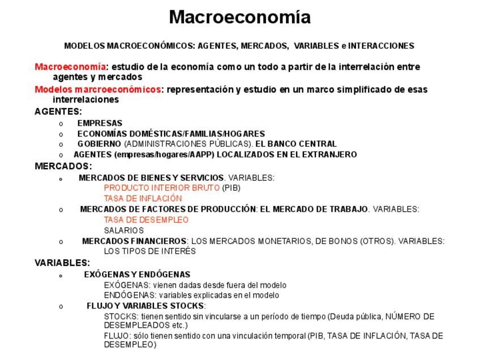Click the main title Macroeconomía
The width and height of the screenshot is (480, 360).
coord(239,17)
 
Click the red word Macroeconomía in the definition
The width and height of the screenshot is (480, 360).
coord(70,67)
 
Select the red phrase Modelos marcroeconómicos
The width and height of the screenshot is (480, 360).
coord(97,89)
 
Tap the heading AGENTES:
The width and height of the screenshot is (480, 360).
coord(58,112)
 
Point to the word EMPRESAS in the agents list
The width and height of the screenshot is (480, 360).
coord(100,123)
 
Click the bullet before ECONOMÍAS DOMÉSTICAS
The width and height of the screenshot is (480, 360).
coord(61,134)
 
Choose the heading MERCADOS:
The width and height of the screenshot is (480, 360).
coord(63,166)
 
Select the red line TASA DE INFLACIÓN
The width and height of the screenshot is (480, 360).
coord(143,198)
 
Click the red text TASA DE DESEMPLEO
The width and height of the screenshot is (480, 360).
coord(146,220)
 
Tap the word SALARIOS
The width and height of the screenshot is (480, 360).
coord(123,230)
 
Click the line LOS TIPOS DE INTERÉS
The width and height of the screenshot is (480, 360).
coord(149,251)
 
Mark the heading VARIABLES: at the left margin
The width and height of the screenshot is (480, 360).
coord(62,263)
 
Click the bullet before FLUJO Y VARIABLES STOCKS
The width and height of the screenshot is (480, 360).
coord(61,306)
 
